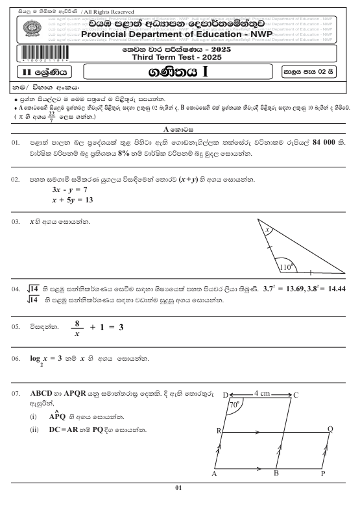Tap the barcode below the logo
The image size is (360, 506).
[30, 56]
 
